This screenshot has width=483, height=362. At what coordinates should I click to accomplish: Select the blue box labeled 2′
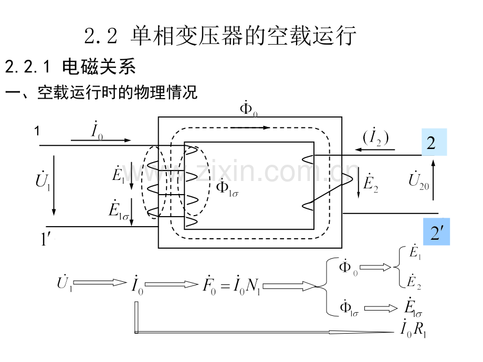(437, 232)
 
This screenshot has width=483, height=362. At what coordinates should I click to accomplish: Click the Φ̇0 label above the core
(248, 109)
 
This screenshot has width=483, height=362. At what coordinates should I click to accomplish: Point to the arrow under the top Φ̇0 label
(250, 127)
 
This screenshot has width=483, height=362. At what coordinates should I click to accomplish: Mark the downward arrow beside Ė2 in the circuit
(358, 187)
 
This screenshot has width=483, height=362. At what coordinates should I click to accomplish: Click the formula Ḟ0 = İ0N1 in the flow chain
(230, 285)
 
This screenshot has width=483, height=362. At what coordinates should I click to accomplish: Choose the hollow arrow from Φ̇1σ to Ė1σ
(381, 308)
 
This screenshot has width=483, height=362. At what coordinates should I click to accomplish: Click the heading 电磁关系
(99, 67)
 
